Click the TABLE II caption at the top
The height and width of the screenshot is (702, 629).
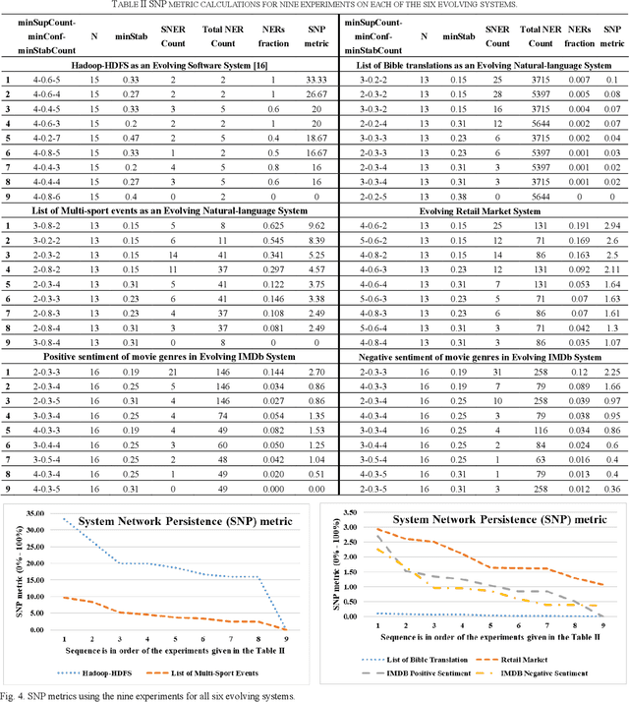pyautogui.click(x=314, y=7)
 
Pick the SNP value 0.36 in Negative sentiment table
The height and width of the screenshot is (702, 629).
pyautogui.click(x=612, y=489)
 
